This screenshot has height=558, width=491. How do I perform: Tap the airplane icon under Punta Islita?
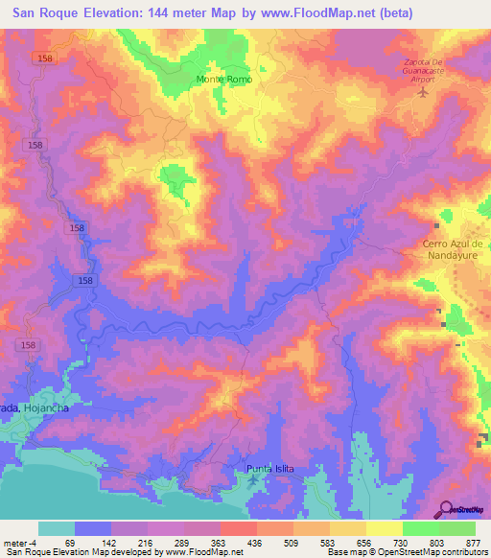pyautogui.click(x=253, y=478)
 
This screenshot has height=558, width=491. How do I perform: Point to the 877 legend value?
pyautogui.click(x=474, y=542)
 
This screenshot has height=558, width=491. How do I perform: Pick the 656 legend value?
pyautogui.click(x=366, y=542)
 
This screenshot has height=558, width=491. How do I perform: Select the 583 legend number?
pyautogui.click(x=330, y=542)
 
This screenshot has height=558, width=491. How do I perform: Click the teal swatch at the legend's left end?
pyautogui.click(x=57, y=528)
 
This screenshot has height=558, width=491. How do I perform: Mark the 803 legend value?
pyautogui.click(x=438, y=542)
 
